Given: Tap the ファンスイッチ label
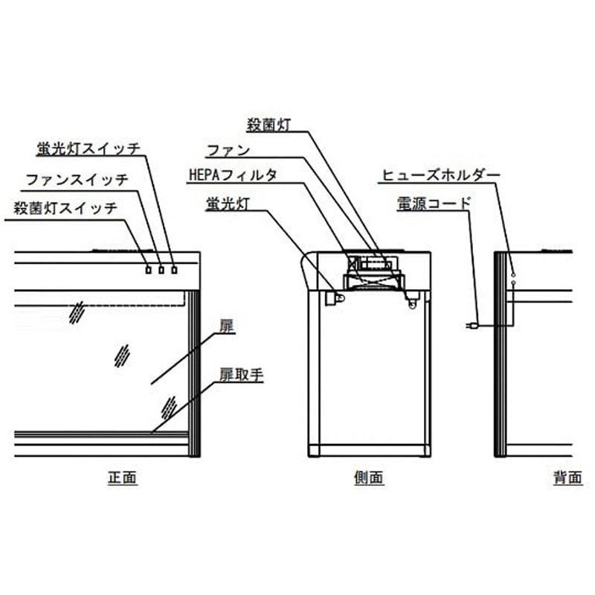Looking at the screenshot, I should pos(77,179).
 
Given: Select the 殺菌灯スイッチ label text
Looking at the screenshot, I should pos(65,208).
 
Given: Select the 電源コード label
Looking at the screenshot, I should pos(434,202).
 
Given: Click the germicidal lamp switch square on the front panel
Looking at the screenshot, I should pos(149,269).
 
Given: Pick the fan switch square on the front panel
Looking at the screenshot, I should pos(161,269).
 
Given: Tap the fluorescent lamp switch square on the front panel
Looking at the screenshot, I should pos(175,269).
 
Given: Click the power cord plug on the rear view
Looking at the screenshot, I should pos(470,326).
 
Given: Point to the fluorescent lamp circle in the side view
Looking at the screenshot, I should pos(340,297).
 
